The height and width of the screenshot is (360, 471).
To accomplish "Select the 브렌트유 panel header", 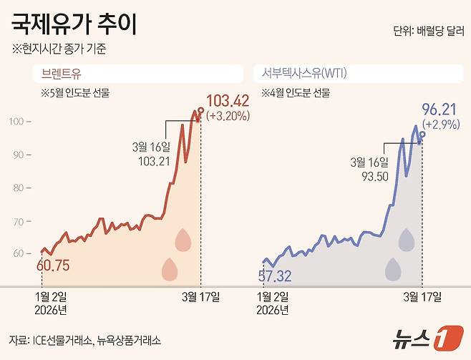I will [62, 73].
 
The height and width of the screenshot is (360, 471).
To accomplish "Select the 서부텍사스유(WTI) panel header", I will [301, 73].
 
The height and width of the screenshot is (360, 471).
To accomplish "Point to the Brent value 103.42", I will [227, 100].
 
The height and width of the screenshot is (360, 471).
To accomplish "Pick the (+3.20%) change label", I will [228, 115].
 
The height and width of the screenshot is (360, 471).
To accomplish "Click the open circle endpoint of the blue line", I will [422, 134].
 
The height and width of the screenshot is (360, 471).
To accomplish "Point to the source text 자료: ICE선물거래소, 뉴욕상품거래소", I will [85, 339].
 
